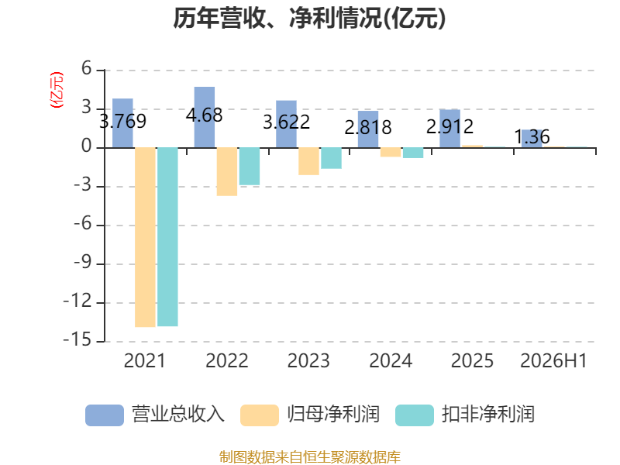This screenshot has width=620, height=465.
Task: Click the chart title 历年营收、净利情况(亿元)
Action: pos(309,18)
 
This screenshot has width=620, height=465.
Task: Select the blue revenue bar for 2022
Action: pos(205,118)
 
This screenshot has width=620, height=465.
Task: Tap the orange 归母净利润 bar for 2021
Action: pos(145,237)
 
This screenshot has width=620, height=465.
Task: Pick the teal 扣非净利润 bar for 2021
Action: pos(167,237)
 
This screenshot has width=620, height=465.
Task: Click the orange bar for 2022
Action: pos(227,171)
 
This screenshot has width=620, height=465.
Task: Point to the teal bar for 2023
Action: pos(332,158)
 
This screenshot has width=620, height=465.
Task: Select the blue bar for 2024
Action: pos(368,129)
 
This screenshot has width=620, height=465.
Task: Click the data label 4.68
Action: pos(204,115)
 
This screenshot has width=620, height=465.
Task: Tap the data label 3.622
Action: pos(286,122)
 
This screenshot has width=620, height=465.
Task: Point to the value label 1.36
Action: pos(532,137)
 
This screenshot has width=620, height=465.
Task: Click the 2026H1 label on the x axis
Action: pos(553,360)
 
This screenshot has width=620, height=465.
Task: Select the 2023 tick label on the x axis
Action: pos(308,360)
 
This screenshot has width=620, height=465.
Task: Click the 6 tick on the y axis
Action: pos(87,69)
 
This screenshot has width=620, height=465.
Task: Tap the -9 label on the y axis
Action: pos(83,263)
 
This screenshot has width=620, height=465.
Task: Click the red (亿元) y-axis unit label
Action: pos(56,90)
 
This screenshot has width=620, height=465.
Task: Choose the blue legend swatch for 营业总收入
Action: pos(105,415)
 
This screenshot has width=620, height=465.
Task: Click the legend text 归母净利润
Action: pos(333,415)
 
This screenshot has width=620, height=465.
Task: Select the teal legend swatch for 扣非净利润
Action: pos(415,415)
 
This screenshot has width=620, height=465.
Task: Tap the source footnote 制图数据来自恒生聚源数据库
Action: pos(309,457)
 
